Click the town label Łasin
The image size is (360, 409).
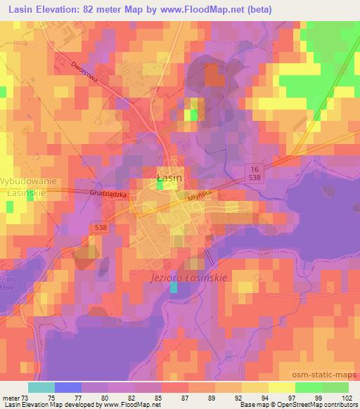(169, 178)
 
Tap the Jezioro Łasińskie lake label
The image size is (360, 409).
(189, 278)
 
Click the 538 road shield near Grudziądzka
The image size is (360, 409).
(101, 227)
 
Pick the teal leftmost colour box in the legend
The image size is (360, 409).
(41, 387)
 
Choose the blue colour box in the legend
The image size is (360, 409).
(68, 387)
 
